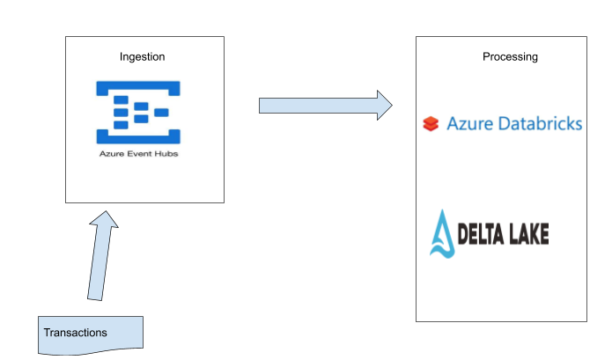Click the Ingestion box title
[x=143, y=56]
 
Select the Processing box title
[x=510, y=56]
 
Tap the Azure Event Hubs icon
[x=138, y=112]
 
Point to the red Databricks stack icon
[x=430, y=124]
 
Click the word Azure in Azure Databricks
[x=467, y=123]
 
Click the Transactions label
[x=76, y=333]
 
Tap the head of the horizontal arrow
[x=383, y=105]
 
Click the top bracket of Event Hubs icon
[x=138, y=86]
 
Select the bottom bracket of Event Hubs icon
[x=138, y=137]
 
